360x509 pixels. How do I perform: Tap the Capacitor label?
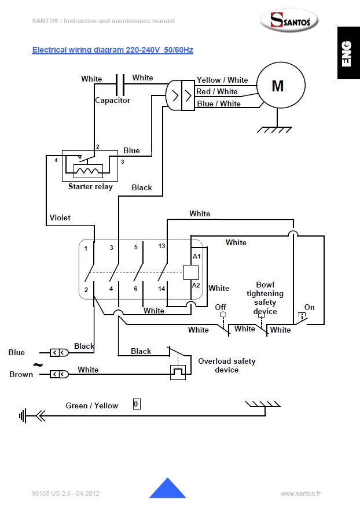[113, 100]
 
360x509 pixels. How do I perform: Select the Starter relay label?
[90, 186]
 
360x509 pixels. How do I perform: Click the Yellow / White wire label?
[222, 80]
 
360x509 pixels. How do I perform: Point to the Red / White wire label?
[217, 91]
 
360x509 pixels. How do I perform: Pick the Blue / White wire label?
[219, 104]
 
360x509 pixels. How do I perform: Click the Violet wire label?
[60, 217]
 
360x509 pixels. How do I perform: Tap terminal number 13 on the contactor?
[161, 246]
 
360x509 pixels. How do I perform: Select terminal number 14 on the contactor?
[162, 288]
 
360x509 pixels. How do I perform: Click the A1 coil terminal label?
[197, 256]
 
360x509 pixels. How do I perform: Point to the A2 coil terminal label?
[197, 285]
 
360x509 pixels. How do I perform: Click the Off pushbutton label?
[221, 307]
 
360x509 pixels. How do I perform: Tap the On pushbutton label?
[310, 307]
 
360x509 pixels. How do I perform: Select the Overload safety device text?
[227, 366]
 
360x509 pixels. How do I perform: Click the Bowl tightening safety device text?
[265, 298]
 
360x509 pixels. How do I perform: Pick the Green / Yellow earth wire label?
[91, 405]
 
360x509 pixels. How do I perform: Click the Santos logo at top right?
[288, 22]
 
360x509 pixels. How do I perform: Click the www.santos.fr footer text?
[300, 493]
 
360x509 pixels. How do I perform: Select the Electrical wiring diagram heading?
[112, 50]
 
